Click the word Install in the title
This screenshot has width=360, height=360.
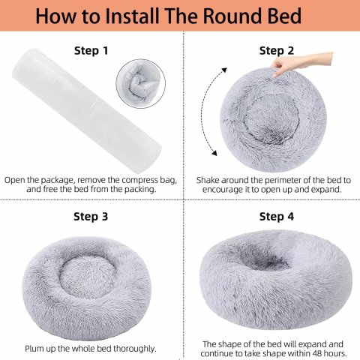[132, 16]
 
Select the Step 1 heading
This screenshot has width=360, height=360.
[91, 50]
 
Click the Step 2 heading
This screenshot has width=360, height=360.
[277, 50]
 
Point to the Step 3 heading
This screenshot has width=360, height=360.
[91, 217]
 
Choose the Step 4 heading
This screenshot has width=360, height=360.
[277, 217]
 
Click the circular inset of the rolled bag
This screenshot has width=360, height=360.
[141, 84]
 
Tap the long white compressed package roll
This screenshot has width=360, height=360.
[87, 110]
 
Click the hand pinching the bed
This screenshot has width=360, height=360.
[301, 63]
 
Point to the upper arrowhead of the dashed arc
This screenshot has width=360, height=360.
[223, 70]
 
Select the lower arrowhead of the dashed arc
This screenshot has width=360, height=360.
[214, 152]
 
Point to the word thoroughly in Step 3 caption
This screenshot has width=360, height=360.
[135, 349]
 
